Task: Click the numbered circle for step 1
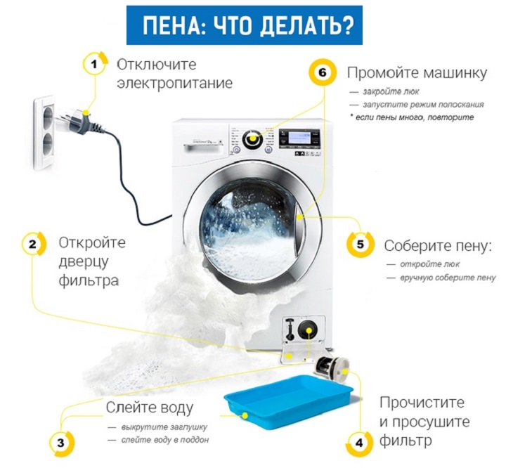click(94, 64)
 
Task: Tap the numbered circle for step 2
click(33, 245)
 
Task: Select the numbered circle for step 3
click(61, 443)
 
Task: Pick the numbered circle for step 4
click(359, 443)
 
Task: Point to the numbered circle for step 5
click(361, 244)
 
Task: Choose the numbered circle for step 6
click(323, 72)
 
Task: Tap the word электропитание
click(174, 84)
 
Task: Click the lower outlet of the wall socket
click(47, 143)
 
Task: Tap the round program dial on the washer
click(252, 139)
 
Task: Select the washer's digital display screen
click(299, 137)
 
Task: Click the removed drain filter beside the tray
click(332, 367)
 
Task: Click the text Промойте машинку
click(417, 73)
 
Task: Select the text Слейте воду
click(150, 408)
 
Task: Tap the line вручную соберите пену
click(448, 278)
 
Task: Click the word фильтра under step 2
click(89, 280)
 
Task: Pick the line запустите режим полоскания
click(423, 105)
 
